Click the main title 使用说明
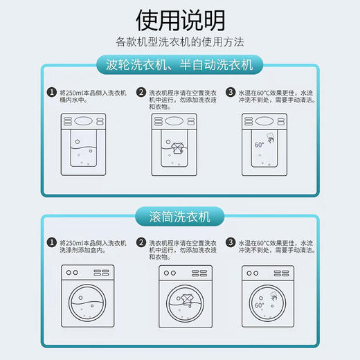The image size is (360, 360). point(180,19)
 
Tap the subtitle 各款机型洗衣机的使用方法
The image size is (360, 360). point(180,42)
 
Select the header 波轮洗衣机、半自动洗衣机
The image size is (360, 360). point(180,66)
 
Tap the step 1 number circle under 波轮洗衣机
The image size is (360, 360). point(51,92)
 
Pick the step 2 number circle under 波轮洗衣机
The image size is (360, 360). point(141,92)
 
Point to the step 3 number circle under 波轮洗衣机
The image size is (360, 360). point(231,92)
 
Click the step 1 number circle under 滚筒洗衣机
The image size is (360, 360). point(51,243)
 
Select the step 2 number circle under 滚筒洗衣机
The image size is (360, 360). point(141,243)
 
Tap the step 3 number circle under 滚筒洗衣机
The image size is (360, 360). point(231,243)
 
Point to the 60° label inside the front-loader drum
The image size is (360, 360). point(259,305)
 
